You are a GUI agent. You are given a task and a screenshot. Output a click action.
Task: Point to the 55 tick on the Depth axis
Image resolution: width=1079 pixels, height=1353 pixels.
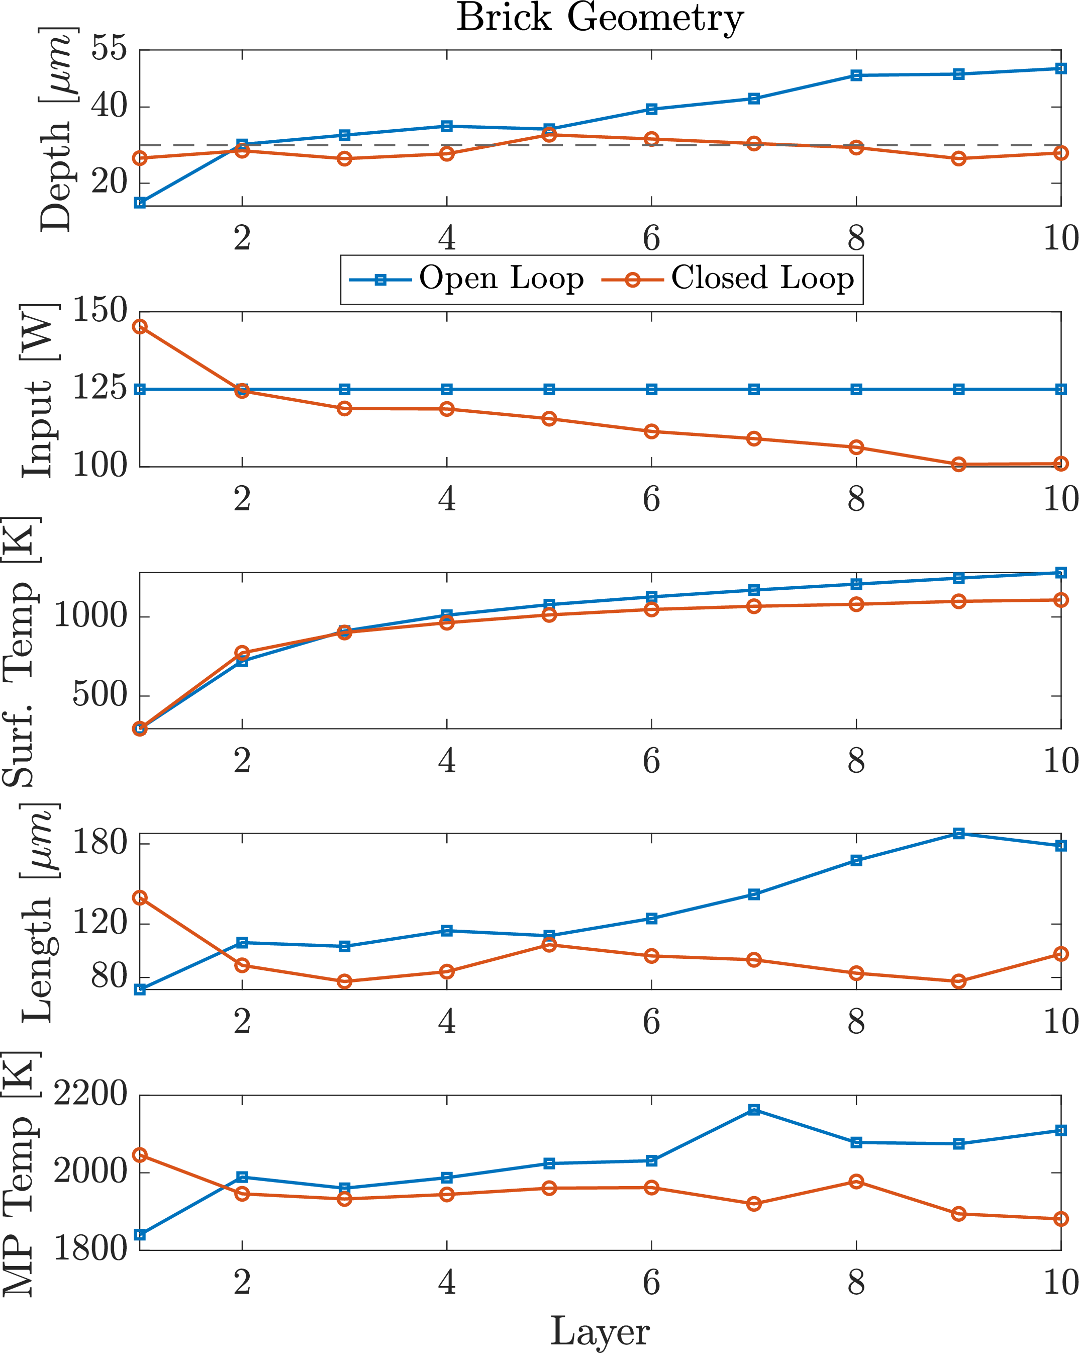[109, 48]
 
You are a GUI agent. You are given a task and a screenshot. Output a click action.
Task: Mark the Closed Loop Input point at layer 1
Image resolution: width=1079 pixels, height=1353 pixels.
[140, 326]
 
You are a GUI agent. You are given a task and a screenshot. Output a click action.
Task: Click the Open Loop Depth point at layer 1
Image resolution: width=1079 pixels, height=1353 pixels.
[140, 203]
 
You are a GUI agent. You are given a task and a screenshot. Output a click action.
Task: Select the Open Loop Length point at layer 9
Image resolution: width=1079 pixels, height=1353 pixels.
[958, 834]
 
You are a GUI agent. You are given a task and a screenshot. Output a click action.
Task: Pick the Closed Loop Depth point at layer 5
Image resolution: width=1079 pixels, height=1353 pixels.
[549, 134]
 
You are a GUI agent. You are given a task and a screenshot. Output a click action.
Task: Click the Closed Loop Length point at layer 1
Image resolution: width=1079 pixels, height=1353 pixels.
[140, 898]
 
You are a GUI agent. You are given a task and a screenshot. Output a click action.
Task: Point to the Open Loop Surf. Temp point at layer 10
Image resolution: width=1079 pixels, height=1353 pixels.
[1061, 572]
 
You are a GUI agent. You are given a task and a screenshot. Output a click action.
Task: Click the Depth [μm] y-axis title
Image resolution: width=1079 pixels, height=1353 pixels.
[56, 129]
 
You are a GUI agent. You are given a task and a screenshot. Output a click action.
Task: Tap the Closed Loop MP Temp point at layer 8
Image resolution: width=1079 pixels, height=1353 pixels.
[856, 1182]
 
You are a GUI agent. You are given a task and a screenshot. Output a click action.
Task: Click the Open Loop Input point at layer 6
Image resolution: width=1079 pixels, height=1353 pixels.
[652, 390]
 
